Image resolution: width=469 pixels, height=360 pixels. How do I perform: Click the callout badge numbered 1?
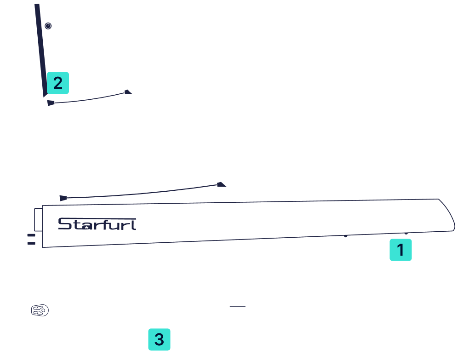click(x=400, y=250)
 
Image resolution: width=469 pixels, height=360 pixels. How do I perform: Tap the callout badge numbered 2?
click(x=57, y=83)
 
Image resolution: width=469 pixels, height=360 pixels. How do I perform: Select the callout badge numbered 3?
click(x=159, y=340)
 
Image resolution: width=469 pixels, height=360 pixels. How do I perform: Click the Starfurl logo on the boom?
click(x=97, y=224)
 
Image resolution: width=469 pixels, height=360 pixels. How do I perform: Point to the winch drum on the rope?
click(x=238, y=310)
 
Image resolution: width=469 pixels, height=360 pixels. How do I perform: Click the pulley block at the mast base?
click(x=40, y=310)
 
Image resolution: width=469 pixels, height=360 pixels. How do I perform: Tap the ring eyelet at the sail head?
click(x=48, y=26)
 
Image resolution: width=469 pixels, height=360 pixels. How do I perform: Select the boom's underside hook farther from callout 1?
click(x=346, y=236)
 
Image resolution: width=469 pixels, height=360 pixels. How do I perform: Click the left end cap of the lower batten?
click(x=63, y=198)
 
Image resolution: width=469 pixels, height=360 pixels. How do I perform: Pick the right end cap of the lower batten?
click(x=222, y=184)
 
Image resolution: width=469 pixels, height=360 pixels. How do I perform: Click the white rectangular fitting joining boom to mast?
click(x=38, y=220)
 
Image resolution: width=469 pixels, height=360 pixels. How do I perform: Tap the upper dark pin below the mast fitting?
click(x=31, y=235)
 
